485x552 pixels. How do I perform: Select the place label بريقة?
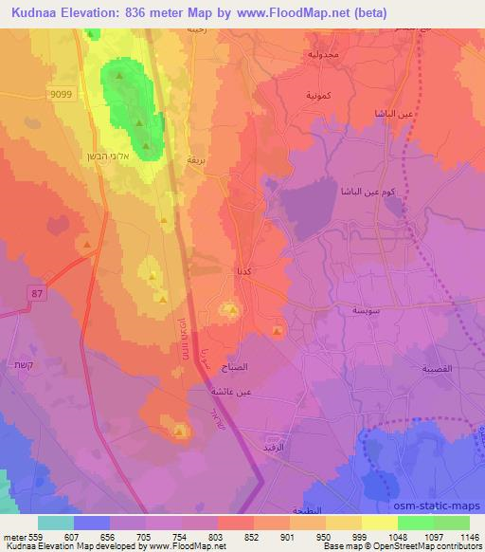point(196,160)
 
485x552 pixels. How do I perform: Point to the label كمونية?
point(318,97)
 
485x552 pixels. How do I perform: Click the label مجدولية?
point(327,53)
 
